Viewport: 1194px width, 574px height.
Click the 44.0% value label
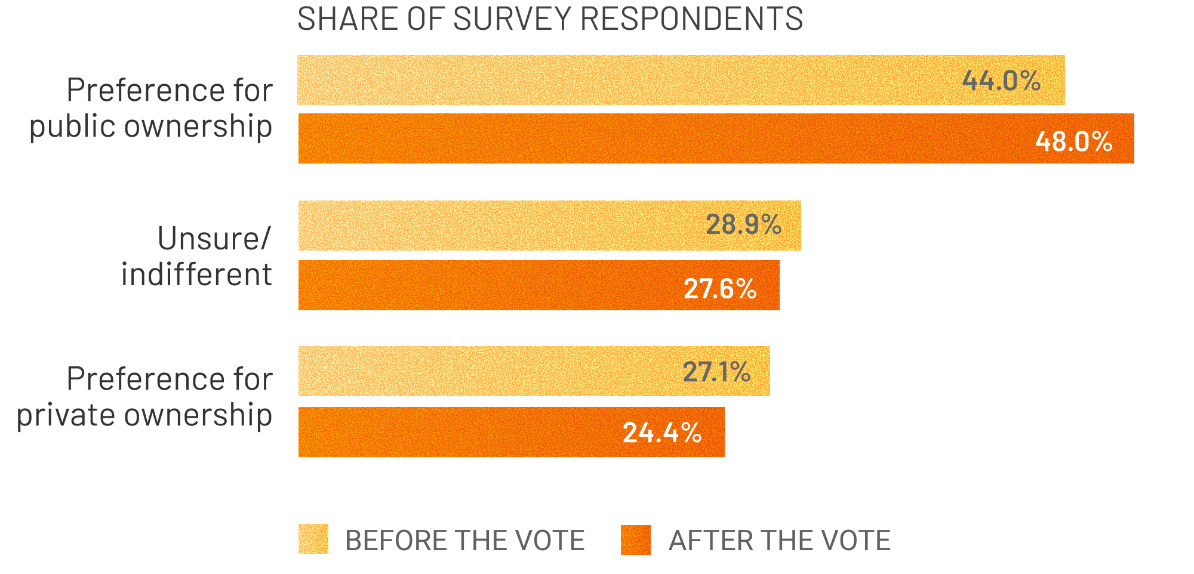[1001, 81]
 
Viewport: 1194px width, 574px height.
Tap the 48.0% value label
[1073, 141]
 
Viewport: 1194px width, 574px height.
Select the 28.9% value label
[743, 225]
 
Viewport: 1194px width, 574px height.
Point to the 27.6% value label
[720, 289]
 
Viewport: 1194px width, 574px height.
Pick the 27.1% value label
[716, 372]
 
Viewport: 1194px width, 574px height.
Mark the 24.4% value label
[662, 433]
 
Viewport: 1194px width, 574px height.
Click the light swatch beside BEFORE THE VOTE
[313, 539]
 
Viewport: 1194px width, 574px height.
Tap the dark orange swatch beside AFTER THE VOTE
[635, 540]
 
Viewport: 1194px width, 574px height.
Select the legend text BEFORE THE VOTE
[464, 541]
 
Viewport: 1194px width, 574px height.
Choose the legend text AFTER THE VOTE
[779, 541]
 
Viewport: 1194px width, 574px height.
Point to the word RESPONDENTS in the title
[691, 19]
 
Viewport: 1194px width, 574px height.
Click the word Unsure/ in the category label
[214, 239]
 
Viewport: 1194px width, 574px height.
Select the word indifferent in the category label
[196, 275]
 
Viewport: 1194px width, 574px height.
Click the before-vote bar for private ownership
[478, 371]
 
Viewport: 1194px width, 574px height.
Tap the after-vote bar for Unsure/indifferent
[478, 285]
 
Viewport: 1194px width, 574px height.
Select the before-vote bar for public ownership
[597, 80]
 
